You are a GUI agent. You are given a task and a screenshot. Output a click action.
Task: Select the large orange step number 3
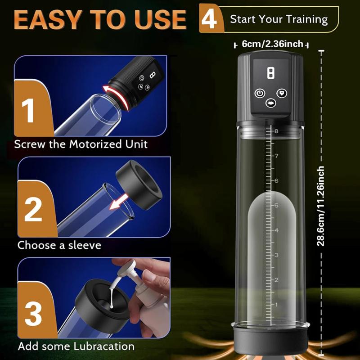point(33,310)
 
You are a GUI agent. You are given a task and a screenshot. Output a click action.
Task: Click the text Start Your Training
point(279,19)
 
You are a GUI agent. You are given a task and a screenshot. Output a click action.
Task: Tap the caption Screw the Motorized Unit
point(81,144)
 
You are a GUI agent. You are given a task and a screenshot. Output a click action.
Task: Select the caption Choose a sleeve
point(59,245)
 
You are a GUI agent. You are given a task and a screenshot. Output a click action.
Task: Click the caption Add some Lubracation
point(76,346)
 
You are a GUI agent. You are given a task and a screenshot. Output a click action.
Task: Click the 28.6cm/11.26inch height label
point(320,206)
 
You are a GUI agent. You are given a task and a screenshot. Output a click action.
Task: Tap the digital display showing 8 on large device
point(270,73)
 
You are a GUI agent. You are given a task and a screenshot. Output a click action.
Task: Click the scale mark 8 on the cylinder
point(276,131)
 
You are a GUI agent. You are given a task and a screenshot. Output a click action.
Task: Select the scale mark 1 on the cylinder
point(276,304)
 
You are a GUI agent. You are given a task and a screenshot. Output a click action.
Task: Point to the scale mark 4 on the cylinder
point(276,230)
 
